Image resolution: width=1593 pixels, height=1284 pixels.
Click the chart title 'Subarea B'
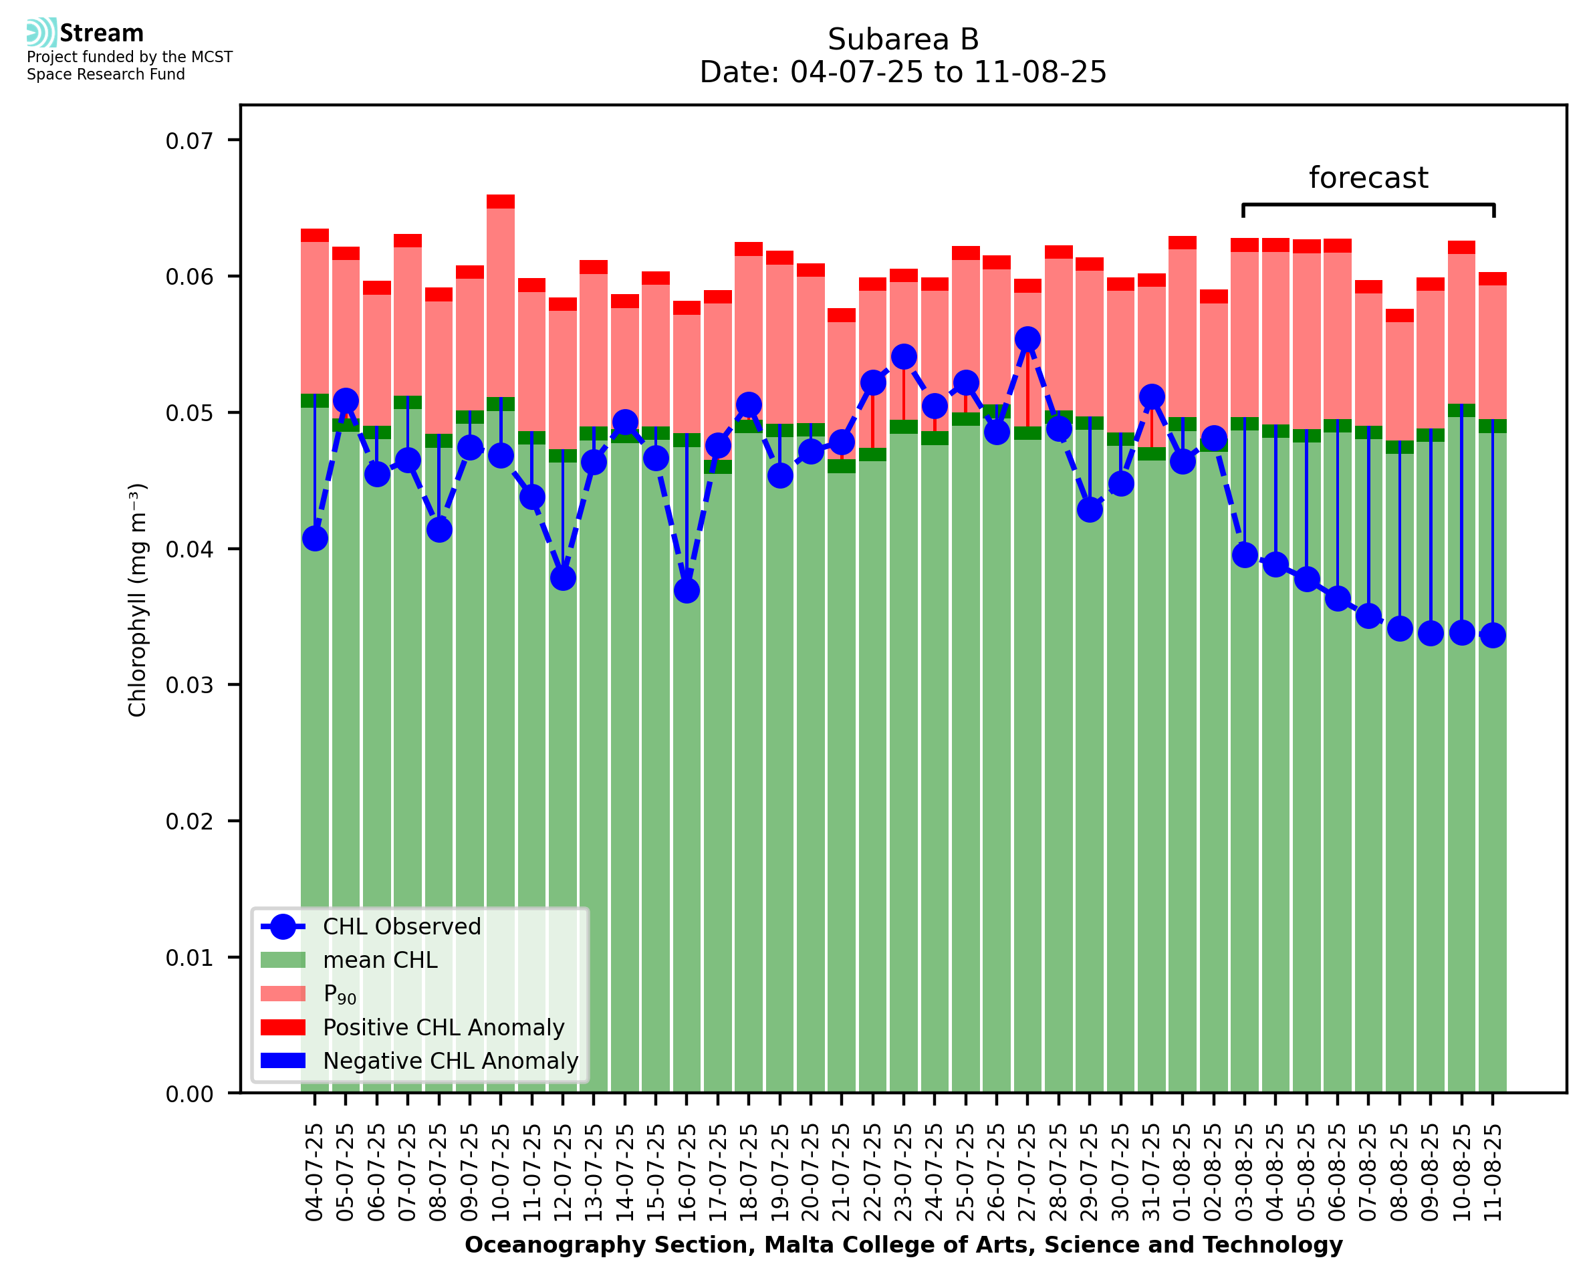click(x=902, y=39)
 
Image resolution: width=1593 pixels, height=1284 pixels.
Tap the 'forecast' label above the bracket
click(x=1368, y=178)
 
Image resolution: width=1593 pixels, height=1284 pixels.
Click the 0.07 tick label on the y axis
click(x=189, y=140)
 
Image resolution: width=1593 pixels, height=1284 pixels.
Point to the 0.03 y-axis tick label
click(x=189, y=685)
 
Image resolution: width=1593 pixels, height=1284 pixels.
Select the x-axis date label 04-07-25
click(x=314, y=1172)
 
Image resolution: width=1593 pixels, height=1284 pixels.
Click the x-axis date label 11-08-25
click(x=1493, y=1172)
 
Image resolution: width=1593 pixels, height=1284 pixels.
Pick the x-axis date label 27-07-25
click(x=1027, y=1172)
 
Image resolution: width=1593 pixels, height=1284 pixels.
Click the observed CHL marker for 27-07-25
click(x=1027, y=340)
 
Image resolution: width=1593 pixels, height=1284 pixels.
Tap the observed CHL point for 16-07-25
click(x=687, y=590)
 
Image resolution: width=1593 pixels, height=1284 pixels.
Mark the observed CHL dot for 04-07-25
click(x=315, y=539)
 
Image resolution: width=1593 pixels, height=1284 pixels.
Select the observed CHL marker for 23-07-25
click(x=903, y=356)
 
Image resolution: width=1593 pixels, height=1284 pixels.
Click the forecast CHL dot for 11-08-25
click(x=1493, y=636)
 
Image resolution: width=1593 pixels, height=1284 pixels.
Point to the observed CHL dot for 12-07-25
click(x=563, y=577)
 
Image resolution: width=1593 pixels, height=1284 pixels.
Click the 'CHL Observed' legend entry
click(x=402, y=927)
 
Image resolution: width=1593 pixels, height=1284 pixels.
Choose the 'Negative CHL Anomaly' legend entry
click(x=451, y=1061)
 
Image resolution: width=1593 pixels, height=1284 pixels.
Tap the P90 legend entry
click(x=340, y=994)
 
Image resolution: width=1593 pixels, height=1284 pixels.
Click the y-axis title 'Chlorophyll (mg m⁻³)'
click(x=138, y=600)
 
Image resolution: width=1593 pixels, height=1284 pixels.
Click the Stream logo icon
click(x=41, y=33)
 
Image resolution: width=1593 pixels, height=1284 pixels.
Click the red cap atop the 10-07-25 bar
click(x=501, y=202)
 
